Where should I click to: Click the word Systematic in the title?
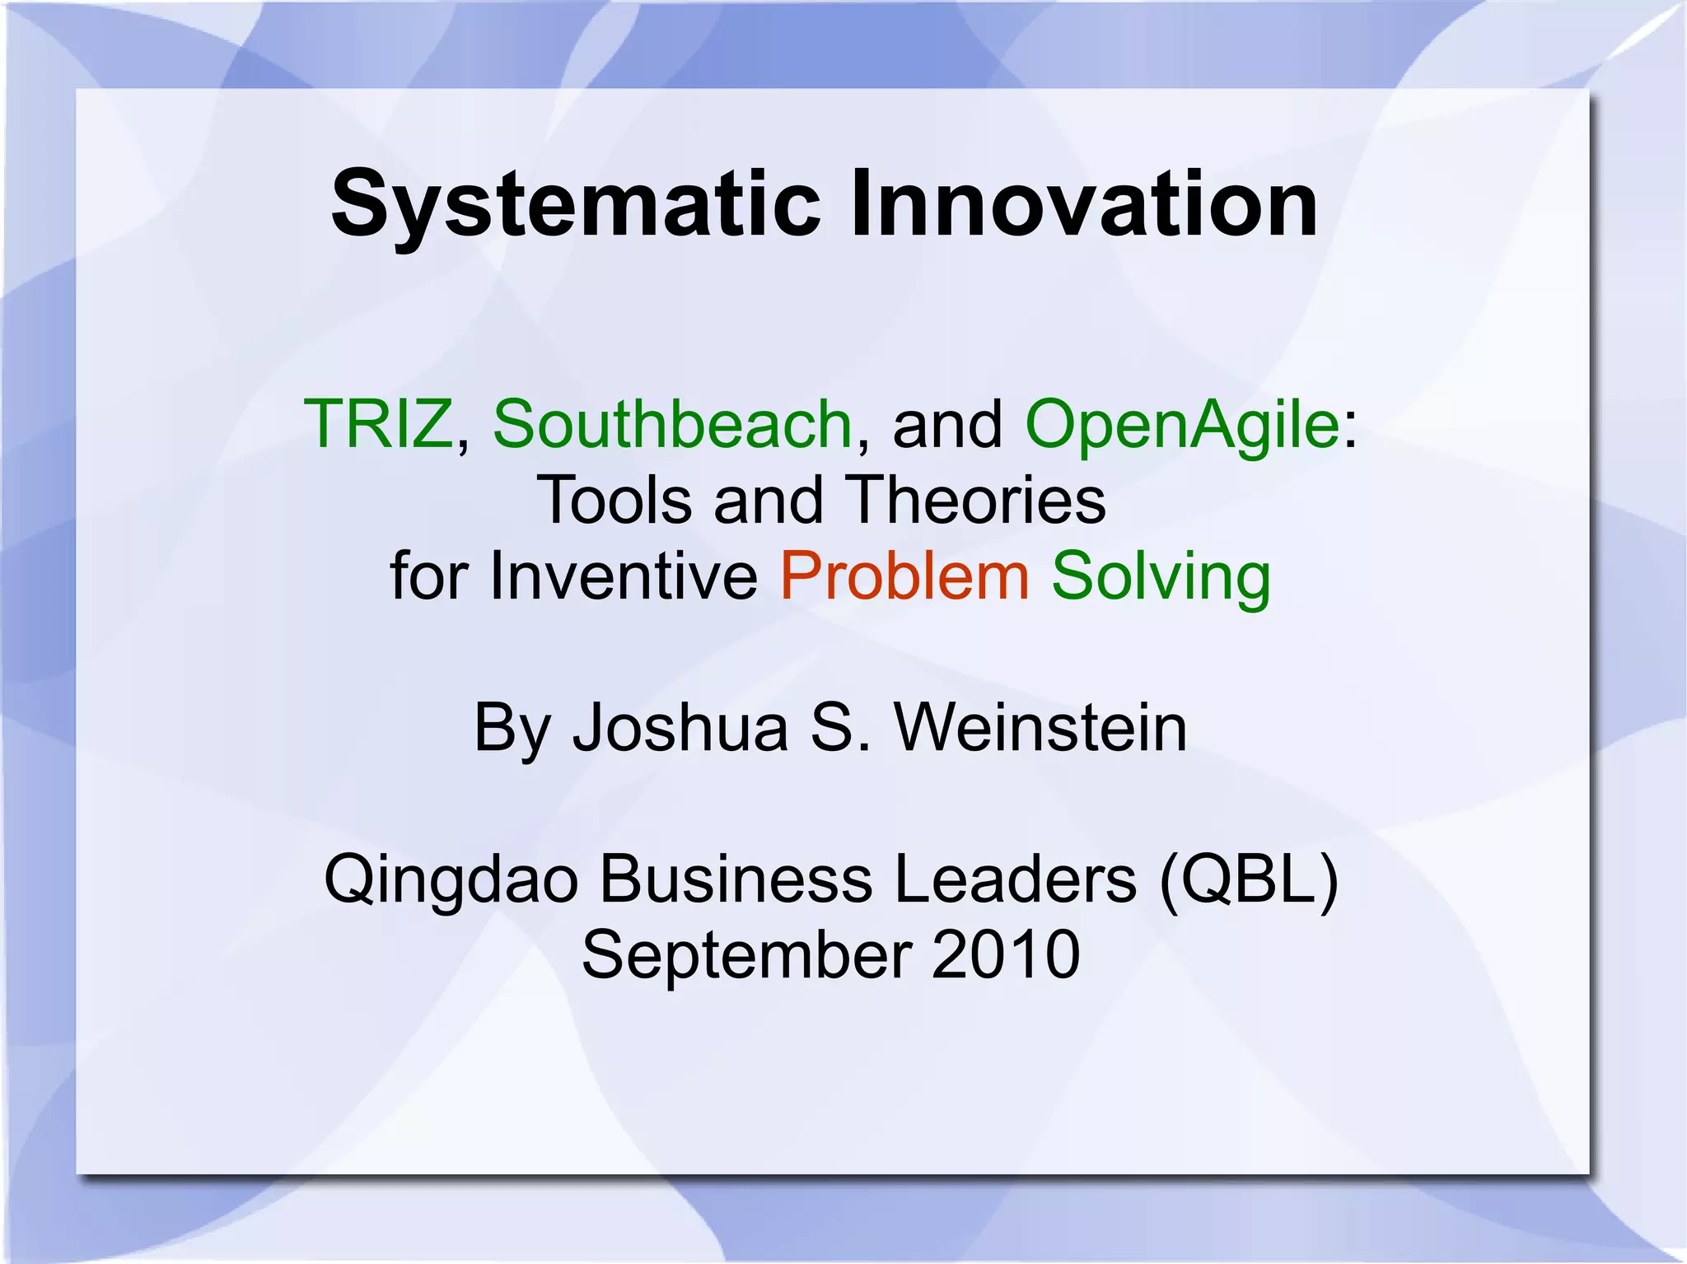click(x=576, y=203)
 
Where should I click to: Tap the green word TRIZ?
click(x=378, y=424)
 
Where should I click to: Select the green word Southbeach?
click(x=672, y=424)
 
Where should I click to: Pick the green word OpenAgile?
click(x=1182, y=424)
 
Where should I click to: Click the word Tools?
click(x=614, y=500)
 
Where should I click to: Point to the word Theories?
click(x=976, y=500)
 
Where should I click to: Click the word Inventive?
click(x=624, y=576)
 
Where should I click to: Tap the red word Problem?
click(x=904, y=576)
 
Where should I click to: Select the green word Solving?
click(x=1161, y=576)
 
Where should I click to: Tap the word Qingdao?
click(x=451, y=879)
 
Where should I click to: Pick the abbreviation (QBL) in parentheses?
click(x=1249, y=879)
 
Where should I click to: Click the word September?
click(x=746, y=955)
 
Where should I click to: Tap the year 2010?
click(x=1006, y=955)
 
